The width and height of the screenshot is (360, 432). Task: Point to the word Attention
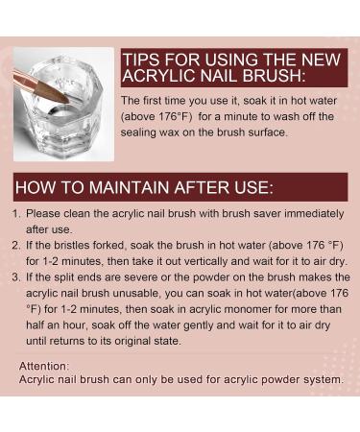[44, 366]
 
